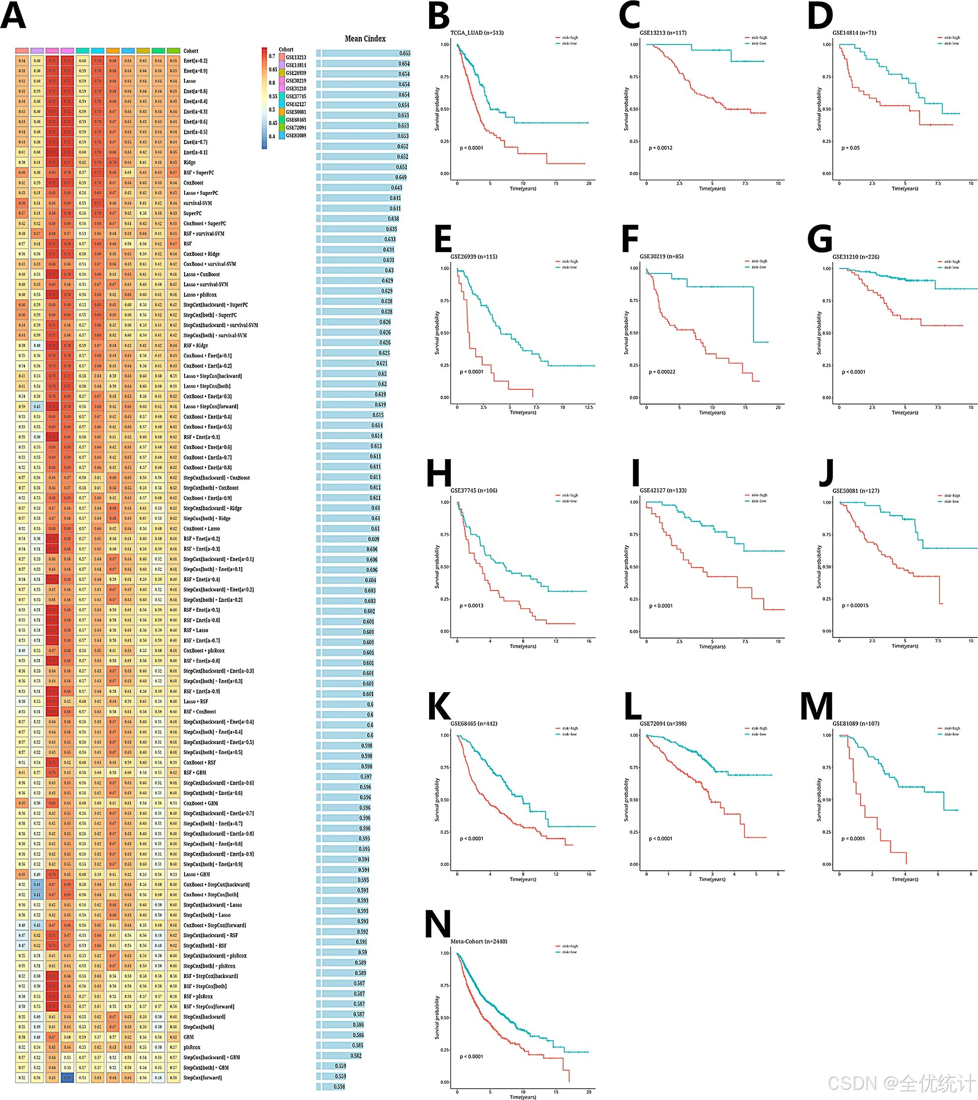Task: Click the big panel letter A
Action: [14, 16]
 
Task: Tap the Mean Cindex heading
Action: [365, 39]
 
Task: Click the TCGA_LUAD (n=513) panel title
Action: [477, 33]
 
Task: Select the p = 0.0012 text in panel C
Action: [660, 148]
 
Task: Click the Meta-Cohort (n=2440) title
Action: [478, 941]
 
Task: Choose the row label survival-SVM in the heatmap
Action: [197, 203]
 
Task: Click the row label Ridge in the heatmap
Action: [189, 162]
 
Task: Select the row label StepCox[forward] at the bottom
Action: [202, 1078]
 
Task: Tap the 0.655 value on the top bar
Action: [405, 53]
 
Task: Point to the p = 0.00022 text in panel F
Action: [662, 372]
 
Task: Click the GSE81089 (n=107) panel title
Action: [855, 723]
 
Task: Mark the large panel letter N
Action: [437, 925]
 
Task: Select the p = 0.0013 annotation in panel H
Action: [471, 605]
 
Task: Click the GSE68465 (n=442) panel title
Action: [474, 723]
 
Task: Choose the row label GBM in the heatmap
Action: [188, 1037]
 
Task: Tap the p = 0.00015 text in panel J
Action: [855, 605]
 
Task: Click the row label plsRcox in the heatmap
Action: [191, 1047]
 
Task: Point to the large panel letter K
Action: [439, 706]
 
